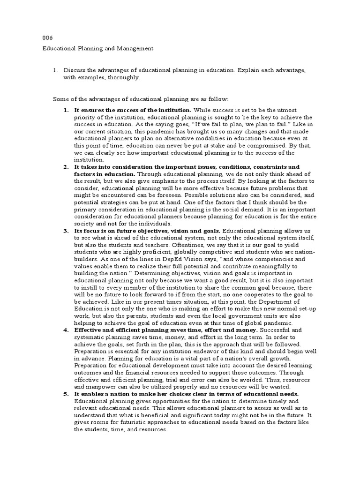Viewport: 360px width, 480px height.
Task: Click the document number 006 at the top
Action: [x=47, y=37]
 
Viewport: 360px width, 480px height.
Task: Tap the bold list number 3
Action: [x=66, y=231]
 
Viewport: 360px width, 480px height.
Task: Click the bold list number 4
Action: [x=66, y=330]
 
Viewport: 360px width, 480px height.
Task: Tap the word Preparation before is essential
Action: [x=91, y=351]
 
